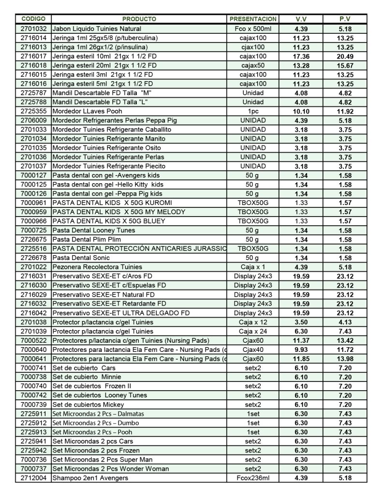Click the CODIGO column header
pyautogui.click(x=33, y=19)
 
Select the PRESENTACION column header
pyautogui.click(x=253, y=19)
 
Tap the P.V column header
pyautogui.click(x=345, y=19)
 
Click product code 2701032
pyautogui.click(x=33, y=29)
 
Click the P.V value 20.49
pyautogui.click(x=345, y=57)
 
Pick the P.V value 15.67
pyautogui.click(x=345, y=66)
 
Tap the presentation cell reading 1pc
pyautogui.click(x=253, y=111)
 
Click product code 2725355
pyautogui.click(x=33, y=111)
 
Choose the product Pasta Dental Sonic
pyautogui.click(x=79, y=258)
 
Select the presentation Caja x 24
pyautogui.click(x=253, y=332)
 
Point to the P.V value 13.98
pyautogui.click(x=345, y=359)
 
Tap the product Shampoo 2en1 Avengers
pyautogui.click(x=91, y=478)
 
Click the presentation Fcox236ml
pyautogui.click(x=253, y=478)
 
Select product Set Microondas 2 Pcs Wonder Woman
pyautogui.click(x=111, y=469)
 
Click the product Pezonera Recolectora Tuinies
pyautogui.click(x=97, y=267)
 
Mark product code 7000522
pyautogui.click(x=33, y=341)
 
